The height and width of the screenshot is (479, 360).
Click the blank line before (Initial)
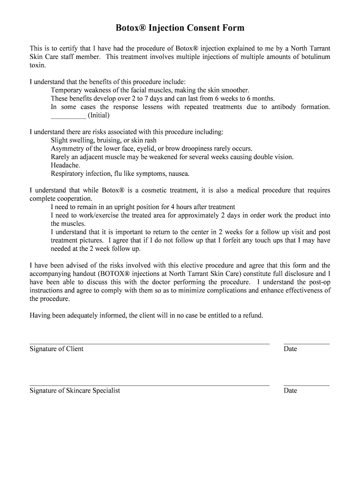pos(68,116)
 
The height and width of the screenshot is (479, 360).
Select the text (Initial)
pos(99,115)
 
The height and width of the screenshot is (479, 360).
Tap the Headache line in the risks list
pos(65,166)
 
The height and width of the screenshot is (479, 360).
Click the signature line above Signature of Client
pos(150,343)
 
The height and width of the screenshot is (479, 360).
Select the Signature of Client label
pos(57,349)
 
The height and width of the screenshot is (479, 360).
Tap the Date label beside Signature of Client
pos(290,349)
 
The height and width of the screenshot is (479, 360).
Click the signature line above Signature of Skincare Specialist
pos(150,385)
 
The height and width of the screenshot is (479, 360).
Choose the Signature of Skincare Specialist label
pos(75,391)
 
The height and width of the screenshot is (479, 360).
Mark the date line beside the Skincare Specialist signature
pos(306,385)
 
